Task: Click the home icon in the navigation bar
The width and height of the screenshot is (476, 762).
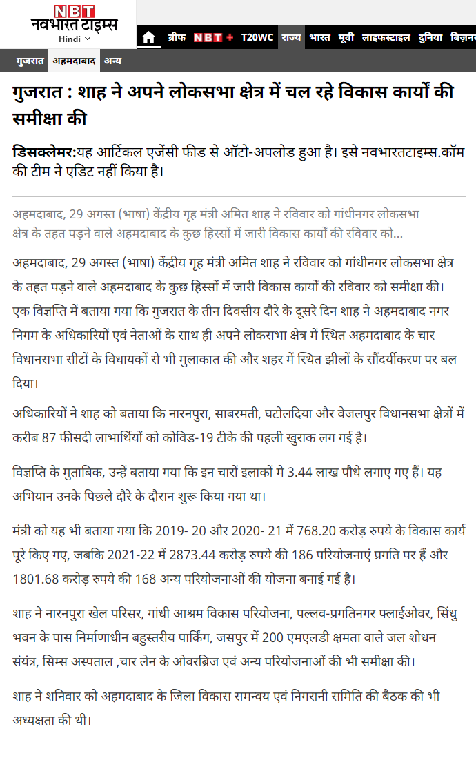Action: [x=148, y=38]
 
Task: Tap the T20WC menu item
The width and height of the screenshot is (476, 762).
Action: [x=257, y=37]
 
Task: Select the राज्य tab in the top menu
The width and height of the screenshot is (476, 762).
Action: [x=291, y=37]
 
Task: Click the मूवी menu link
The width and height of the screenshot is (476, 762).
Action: [x=346, y=37]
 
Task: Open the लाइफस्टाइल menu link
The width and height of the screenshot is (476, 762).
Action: [x=386, y=37]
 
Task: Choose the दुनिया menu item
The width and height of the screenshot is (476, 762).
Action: [x=430, y=37]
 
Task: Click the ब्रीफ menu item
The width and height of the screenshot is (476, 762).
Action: [x=177, y=37]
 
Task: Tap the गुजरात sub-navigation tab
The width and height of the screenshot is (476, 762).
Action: [x=30, y=61]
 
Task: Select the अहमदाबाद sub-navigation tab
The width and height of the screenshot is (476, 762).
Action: [x=75, y=61]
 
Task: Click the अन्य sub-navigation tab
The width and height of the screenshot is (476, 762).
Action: [x=113, y=61]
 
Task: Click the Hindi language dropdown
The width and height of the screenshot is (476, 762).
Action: [x=75, y=39]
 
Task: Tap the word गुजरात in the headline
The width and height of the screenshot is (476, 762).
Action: [x=39, y=93]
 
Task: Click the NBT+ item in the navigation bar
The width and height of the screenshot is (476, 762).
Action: [x=213, y=37]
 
